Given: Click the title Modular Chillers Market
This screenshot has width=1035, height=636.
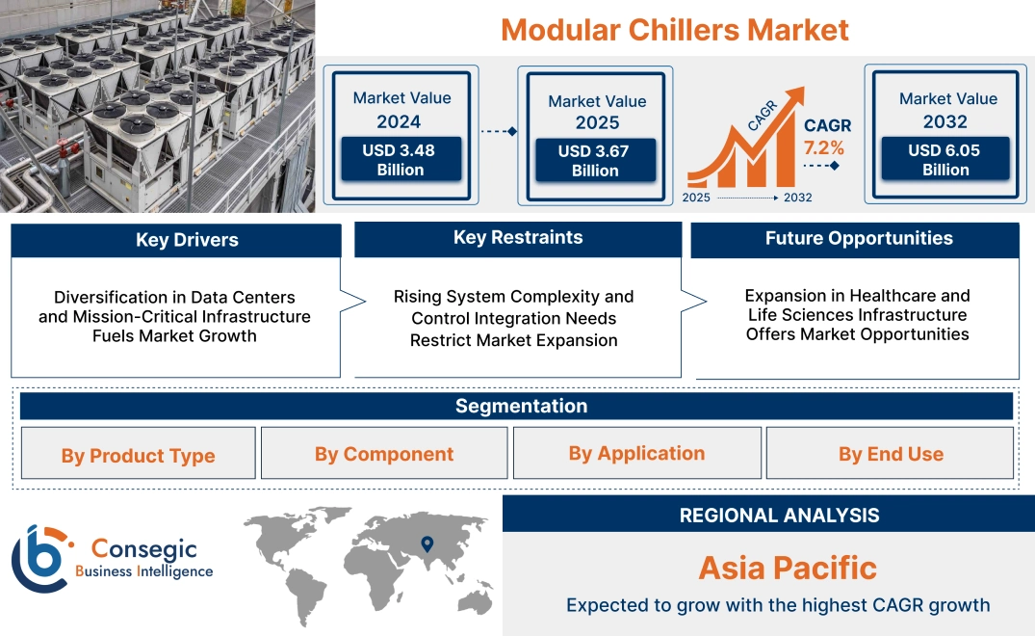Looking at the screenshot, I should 675,29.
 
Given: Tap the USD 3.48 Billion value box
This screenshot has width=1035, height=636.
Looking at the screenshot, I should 400,160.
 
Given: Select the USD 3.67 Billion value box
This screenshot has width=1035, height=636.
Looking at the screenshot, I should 595,161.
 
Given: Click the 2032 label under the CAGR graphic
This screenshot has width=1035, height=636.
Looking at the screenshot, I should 797,198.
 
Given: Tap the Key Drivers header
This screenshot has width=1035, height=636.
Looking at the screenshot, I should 187,240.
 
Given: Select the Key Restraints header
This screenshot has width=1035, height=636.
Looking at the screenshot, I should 518,238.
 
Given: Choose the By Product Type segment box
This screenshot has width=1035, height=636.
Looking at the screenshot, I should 138,455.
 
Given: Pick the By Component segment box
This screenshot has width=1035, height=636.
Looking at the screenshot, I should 383,454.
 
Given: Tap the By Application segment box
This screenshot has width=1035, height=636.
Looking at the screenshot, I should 636,453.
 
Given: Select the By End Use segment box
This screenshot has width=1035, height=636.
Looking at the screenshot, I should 890,454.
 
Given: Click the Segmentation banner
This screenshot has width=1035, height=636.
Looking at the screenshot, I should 521,406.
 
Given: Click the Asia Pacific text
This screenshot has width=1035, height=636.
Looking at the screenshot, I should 787,568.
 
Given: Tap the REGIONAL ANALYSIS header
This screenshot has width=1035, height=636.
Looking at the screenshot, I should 779,515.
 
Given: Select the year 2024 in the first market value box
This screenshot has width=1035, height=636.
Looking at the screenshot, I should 399,121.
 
